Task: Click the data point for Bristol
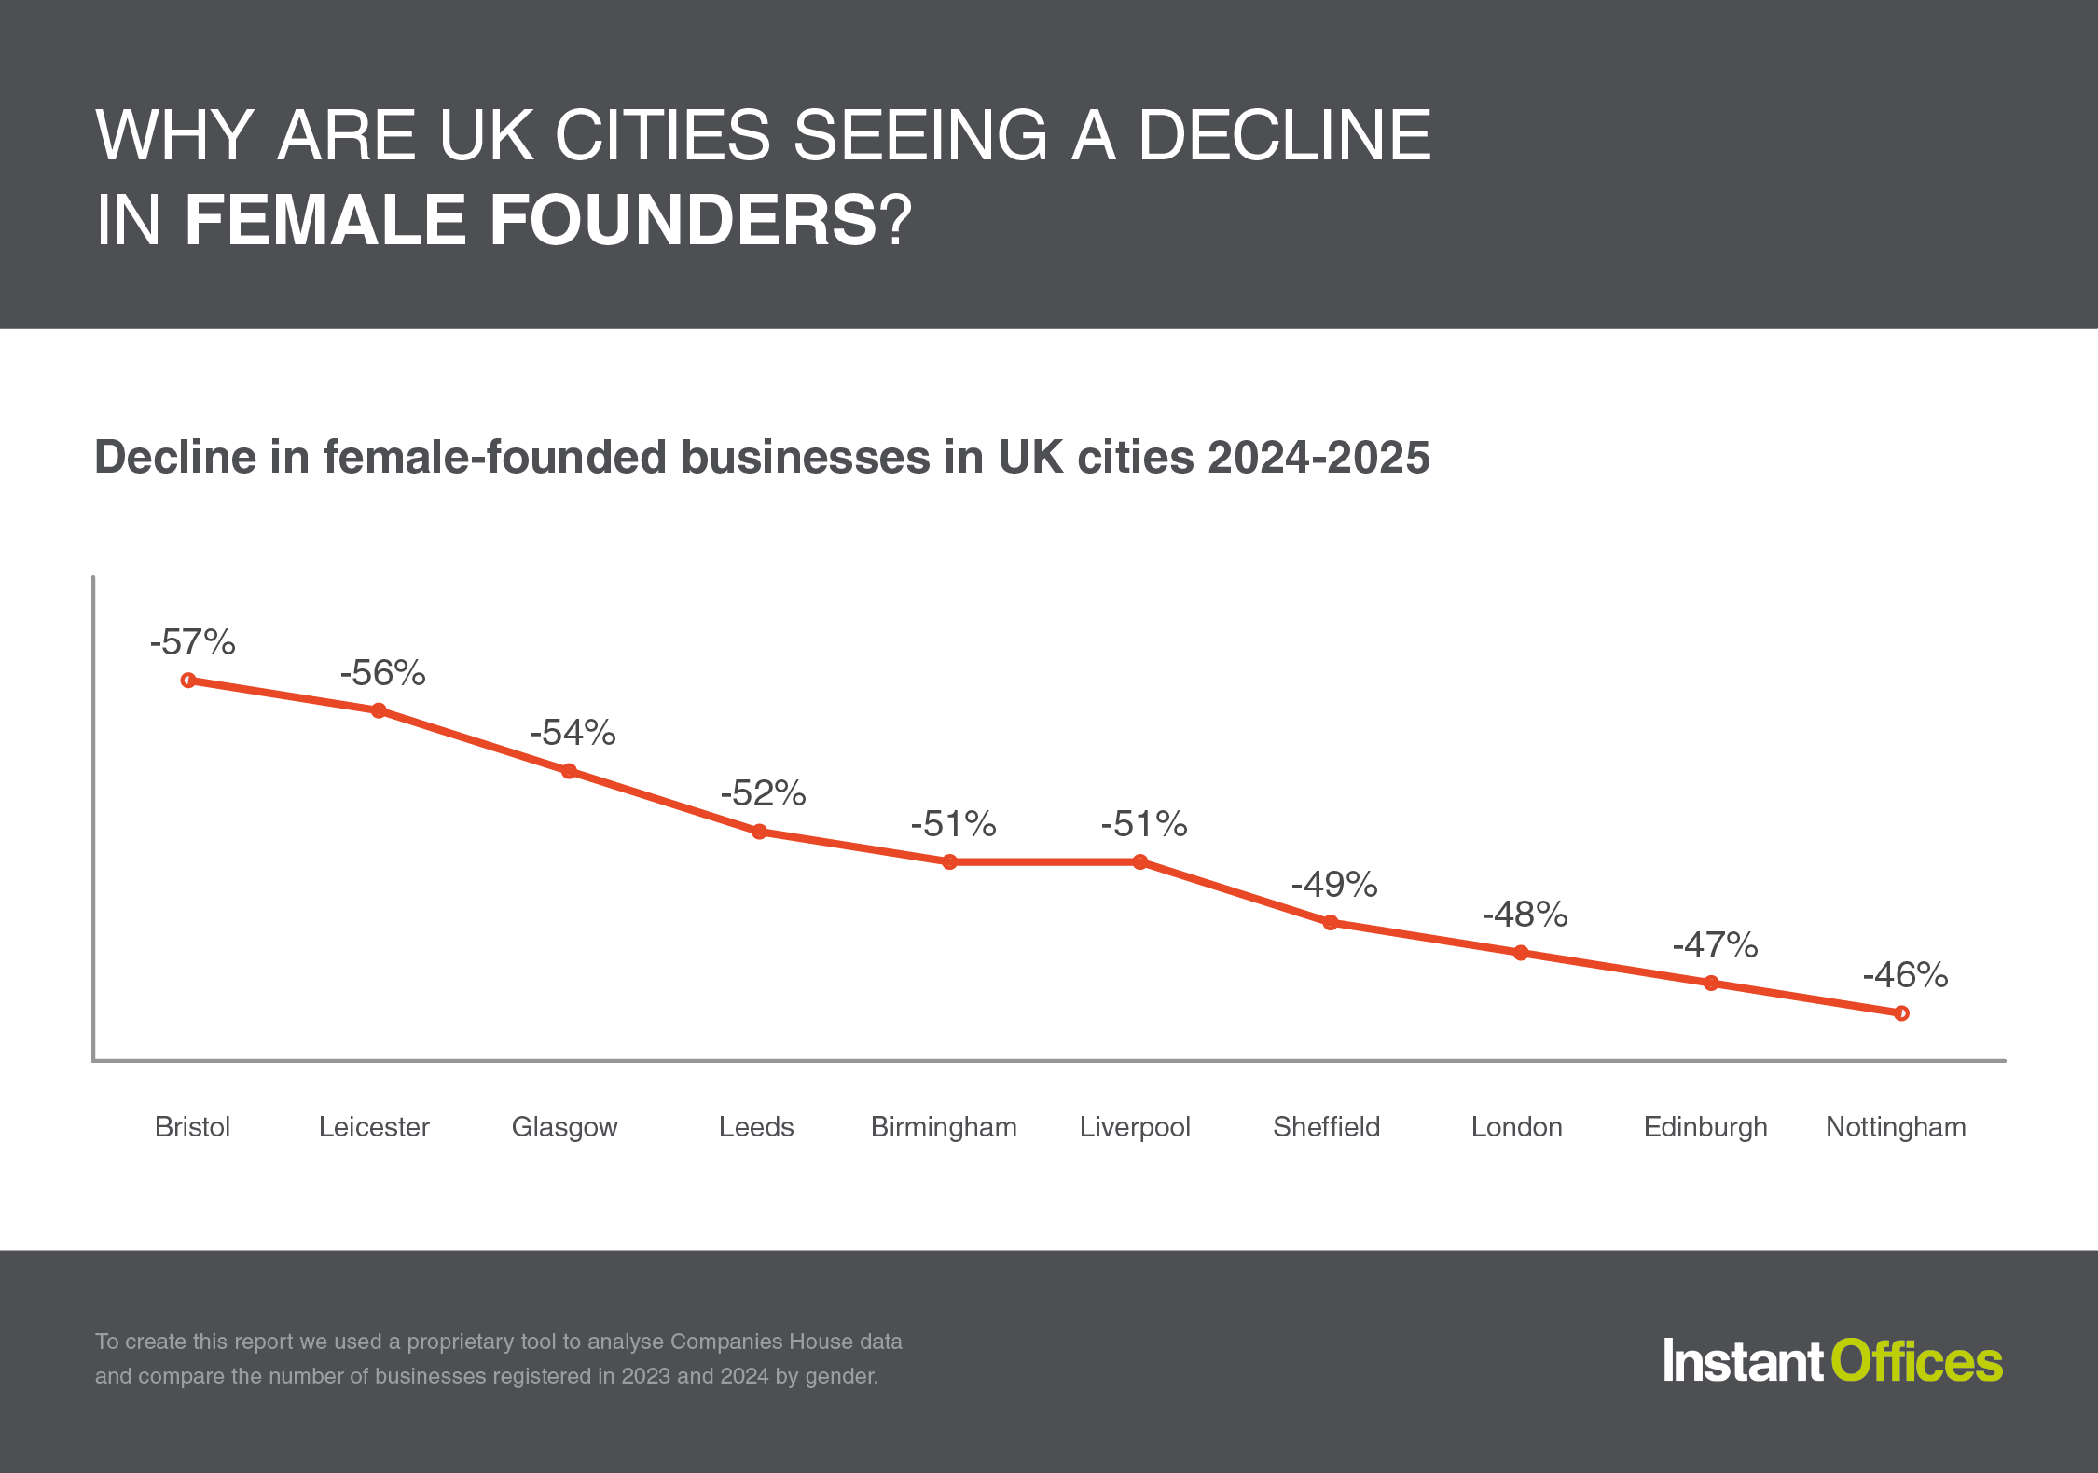click(x=188, y=681)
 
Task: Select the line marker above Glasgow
click(x=569, y=771)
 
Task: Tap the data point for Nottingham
click(x=1901, y=1013)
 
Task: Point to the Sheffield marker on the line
click(x=1331, y=923)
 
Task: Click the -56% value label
click(x=382, y=673)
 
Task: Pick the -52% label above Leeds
click(x=763, y=793)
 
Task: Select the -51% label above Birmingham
click(x=953, y=824)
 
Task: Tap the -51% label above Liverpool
click(x=1144, y=824)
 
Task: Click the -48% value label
click(x=1525, y=915)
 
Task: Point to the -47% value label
click(x=1715, y=945)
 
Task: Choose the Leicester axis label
click(x=374, y=1127)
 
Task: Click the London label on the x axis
click(x=1516, y=1127)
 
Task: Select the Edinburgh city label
click(x=1705, y=1127)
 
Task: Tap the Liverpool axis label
click(x=1135, y=1127)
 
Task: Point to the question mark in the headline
click(x=895, y=221)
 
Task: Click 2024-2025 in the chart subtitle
click(x=1318, y=458)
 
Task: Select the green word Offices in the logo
click(x=1916, y=1362)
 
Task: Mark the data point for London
click(x=1521, y=953)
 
